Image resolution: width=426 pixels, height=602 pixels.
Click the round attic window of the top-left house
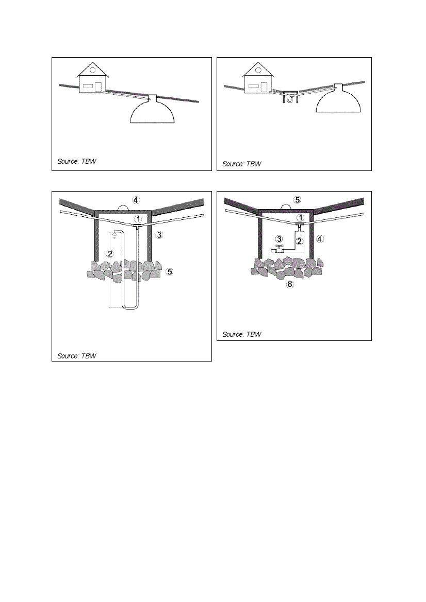[92, 70]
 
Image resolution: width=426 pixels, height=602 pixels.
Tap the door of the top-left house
[98, 87]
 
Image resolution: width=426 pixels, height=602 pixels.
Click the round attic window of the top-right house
[258, 70]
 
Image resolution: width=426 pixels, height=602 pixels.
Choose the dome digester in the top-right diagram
[339, 98]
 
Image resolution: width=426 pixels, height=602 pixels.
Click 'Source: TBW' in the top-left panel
[77, 161]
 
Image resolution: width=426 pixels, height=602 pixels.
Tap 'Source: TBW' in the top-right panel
[242, 164]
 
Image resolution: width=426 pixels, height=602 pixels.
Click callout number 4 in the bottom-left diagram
[136, 200]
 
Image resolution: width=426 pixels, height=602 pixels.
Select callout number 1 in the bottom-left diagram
[138, 219]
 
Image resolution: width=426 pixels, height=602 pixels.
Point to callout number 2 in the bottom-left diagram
[110, 253]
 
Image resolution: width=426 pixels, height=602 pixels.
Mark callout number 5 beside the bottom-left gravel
[169, 272]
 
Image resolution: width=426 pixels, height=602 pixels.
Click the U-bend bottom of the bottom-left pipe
[130, 306]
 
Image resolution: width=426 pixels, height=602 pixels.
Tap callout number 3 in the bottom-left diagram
[159, 235]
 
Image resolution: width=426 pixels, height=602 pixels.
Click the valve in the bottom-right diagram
[278, 249]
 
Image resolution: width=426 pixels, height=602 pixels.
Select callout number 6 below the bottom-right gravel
[290, 284]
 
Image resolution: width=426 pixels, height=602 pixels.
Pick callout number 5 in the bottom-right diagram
[297, 200]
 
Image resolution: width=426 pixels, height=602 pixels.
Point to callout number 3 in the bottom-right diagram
[279, 239]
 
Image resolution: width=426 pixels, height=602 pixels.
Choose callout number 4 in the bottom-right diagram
[320, 239]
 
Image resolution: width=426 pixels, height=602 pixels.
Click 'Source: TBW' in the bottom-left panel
[77, 356]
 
